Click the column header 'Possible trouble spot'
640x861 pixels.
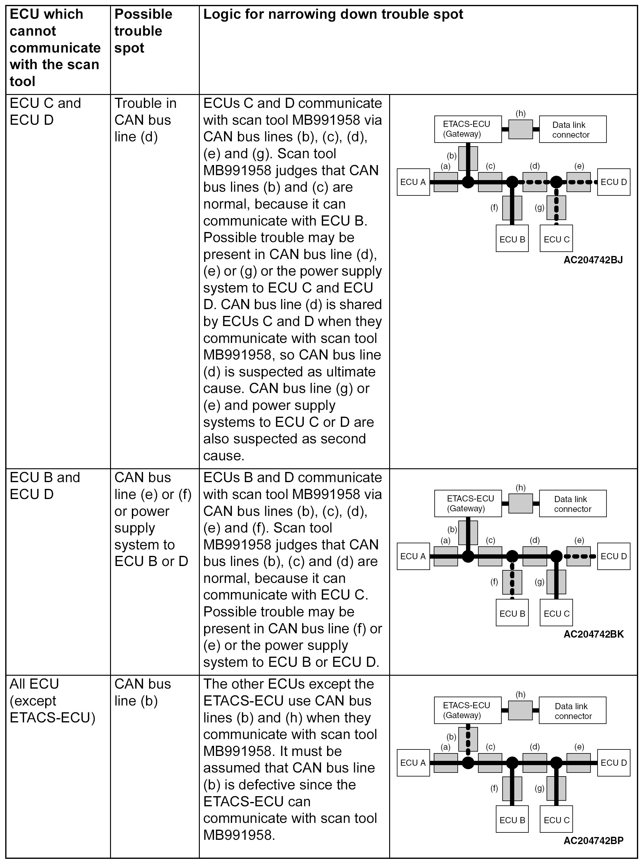(143, 31)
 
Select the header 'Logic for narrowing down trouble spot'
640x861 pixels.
(333, 15)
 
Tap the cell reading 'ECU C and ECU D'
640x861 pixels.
(45, 112)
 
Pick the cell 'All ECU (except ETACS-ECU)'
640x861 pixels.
(52, 701)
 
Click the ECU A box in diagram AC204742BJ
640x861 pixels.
(413, 182)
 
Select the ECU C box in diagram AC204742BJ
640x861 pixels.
(556, 239)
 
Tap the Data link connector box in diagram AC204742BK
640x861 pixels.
(573, 504)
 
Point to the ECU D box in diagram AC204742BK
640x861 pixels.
(614, 556)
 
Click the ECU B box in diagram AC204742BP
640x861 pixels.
(512, 820)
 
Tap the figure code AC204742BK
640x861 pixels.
(594, 634)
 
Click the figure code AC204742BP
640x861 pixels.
(594, 840)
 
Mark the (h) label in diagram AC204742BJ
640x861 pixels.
(520, 113)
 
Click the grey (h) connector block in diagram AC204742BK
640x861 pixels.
(520, 504)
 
